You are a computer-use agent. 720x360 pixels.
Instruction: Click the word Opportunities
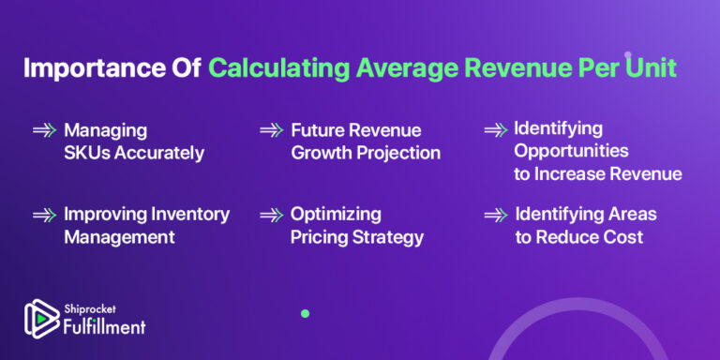point(571,151)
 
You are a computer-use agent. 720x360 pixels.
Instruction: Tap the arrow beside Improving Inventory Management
point(44,216)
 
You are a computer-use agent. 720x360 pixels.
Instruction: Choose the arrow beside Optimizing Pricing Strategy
point(271,216)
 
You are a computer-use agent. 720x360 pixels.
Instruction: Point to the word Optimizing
point(335,215)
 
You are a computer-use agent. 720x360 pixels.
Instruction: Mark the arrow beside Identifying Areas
point(496,216)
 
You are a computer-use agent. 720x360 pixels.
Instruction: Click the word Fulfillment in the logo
point(104,326)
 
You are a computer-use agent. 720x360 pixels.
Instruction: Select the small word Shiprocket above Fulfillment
point(89,307)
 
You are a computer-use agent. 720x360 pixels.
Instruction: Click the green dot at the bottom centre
point(305,313)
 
